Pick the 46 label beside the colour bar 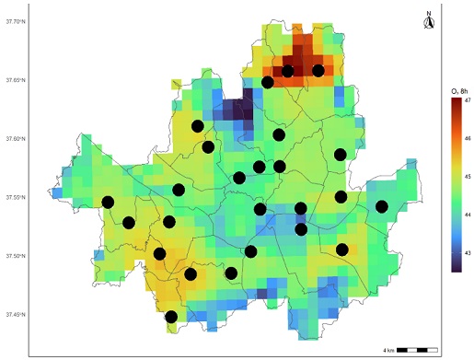(x=468, y=138)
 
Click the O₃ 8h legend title (x=457, y=89)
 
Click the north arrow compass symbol (x=428, y=18)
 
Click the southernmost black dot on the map (x=171, y=317)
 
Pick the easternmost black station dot (x=381, y=206)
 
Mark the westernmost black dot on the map (x=109, y=203)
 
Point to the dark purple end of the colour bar (x=457, y=266)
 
